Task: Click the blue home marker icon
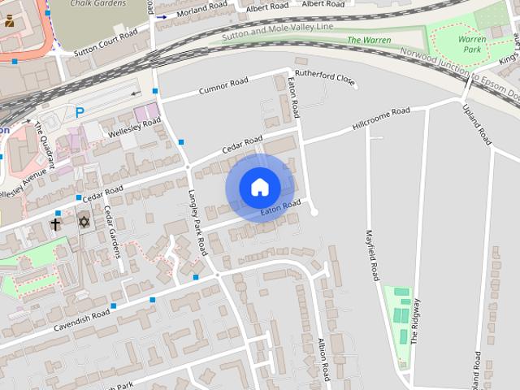[259, 187]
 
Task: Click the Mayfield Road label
[373, 253]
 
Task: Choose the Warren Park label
[472, 43]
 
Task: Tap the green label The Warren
[369, 40]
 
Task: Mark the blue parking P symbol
[80, 113]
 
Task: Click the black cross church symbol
[56, 223]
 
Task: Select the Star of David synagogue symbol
[83, 222]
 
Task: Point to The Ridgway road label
[415, 321]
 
